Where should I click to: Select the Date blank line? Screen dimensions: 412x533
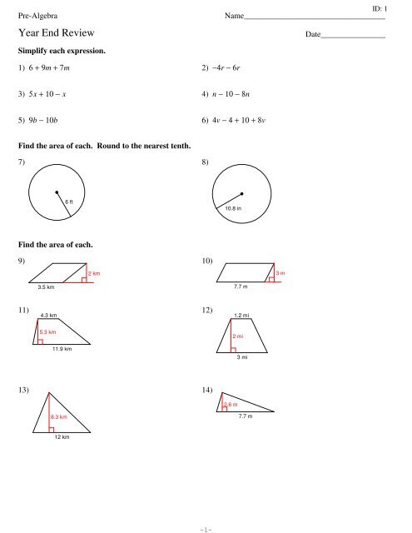pos(353,37)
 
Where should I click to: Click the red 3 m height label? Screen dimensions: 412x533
pos(281,273)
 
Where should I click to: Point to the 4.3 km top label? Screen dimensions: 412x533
pos(49,316)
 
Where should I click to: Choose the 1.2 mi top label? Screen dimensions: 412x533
pos(244,316)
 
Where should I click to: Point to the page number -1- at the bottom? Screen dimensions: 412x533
pos(206,526)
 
